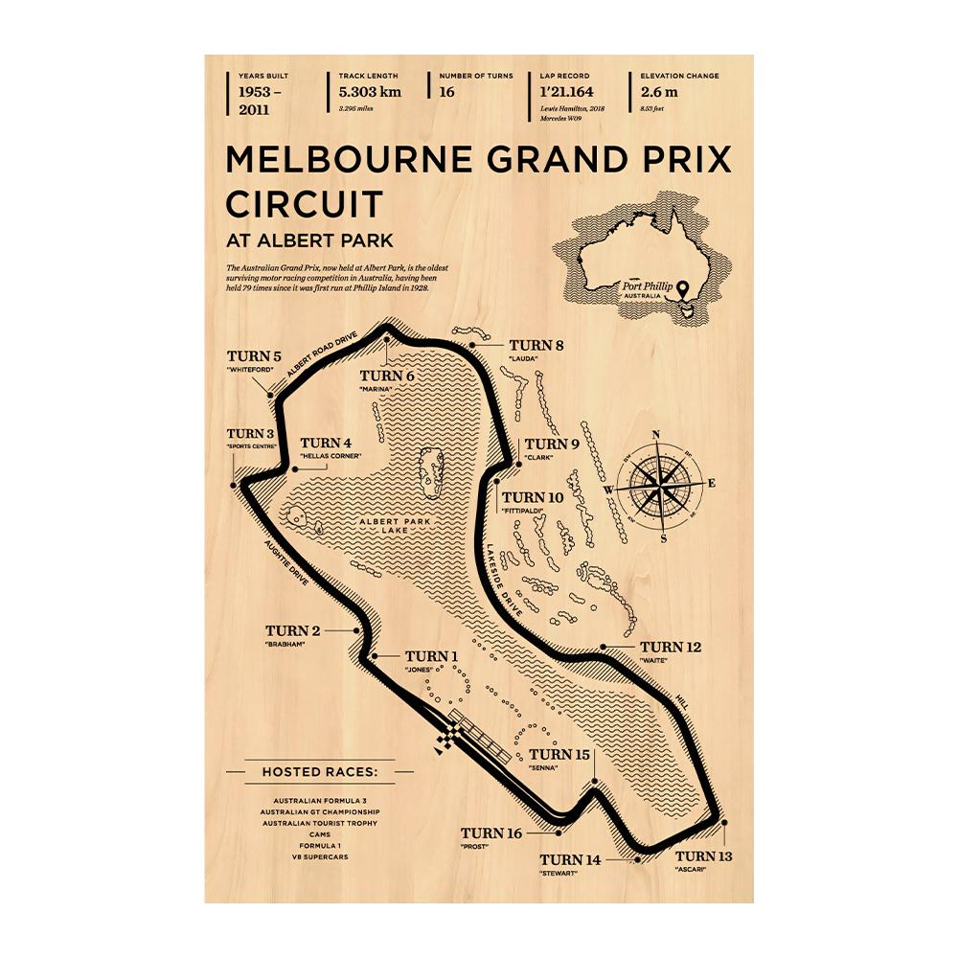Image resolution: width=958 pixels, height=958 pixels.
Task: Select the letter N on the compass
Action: click(x=657, y=435)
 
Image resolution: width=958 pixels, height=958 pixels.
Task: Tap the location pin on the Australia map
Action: click(x=681, y=285)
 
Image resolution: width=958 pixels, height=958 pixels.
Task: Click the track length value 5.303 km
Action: click(x=369, y=92)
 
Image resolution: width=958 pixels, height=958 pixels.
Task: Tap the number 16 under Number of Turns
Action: click(x=446, y=92)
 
